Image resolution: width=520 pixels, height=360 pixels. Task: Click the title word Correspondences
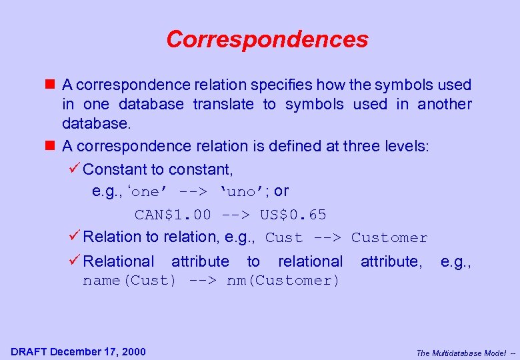click(267, 39)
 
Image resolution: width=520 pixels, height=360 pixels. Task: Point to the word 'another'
click(444, 105)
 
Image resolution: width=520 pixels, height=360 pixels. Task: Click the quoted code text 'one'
click(146, 192)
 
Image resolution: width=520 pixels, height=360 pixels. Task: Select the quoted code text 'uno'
click(241, 192)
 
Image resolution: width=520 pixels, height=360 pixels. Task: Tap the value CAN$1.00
click(173, 215)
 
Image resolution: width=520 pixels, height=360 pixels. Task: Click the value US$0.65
click(293, 215)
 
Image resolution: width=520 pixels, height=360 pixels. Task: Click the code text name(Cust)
click(129, 281)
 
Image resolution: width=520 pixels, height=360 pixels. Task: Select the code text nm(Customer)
click(283, 281)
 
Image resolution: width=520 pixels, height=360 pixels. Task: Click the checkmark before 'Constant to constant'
click(75, 169)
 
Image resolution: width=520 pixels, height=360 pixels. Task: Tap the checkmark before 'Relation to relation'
click(75, 236)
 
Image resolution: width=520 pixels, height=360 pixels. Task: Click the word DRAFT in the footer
click(29, 351)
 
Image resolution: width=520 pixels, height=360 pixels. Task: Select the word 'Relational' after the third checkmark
click(118, 261)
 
